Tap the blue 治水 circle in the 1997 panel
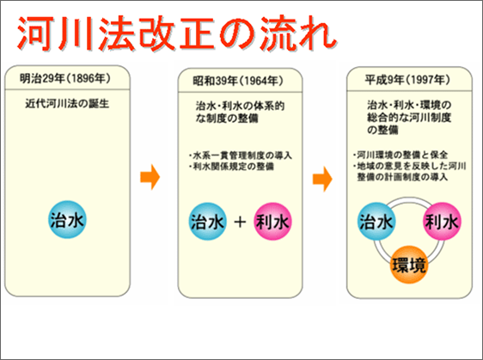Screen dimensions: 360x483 coord(376,222)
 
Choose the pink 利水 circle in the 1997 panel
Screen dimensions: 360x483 coord(442,222)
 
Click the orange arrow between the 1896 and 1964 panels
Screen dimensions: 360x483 coord(150,180)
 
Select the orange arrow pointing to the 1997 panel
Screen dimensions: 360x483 coord(321,180)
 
